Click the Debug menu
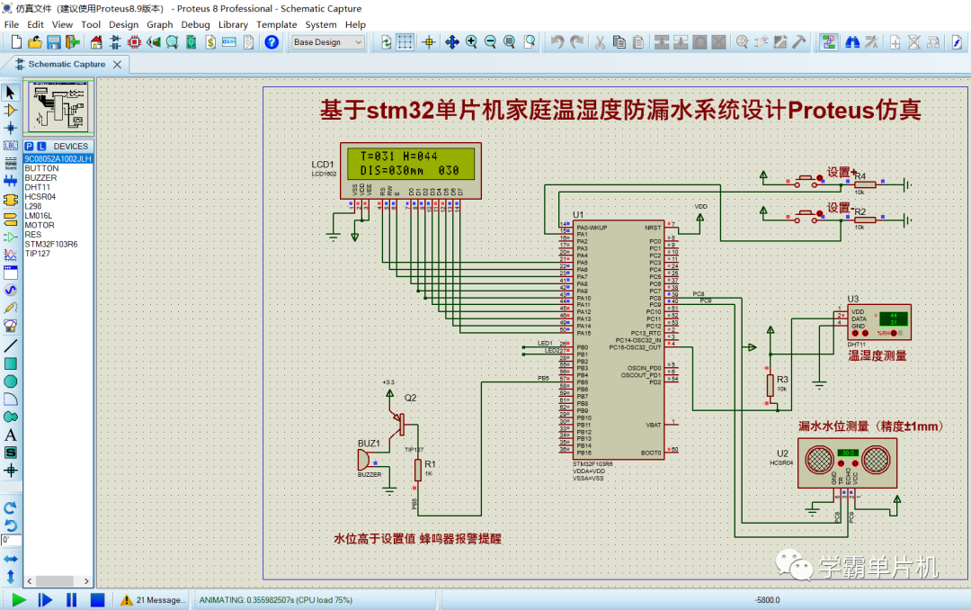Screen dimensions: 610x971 (x=195, y=24)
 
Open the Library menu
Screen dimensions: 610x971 (x=233, y=24)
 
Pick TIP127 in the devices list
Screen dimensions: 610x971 (x=39, y=253)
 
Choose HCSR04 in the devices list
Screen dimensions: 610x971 (x=40, y=196)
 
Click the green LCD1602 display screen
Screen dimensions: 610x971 (x=410, y=163)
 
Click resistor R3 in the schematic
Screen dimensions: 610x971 (x=771, y=385)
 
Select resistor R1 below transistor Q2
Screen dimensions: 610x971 (x=418, y=469)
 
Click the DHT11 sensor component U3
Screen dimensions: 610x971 (x=878, y=321)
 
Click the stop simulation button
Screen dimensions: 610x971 (x=98, y=599)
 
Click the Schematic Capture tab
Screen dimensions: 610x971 (x=67, y=65)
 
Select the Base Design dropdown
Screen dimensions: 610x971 (x=327, y=42)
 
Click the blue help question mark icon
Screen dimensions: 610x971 (x=272, y=42)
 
